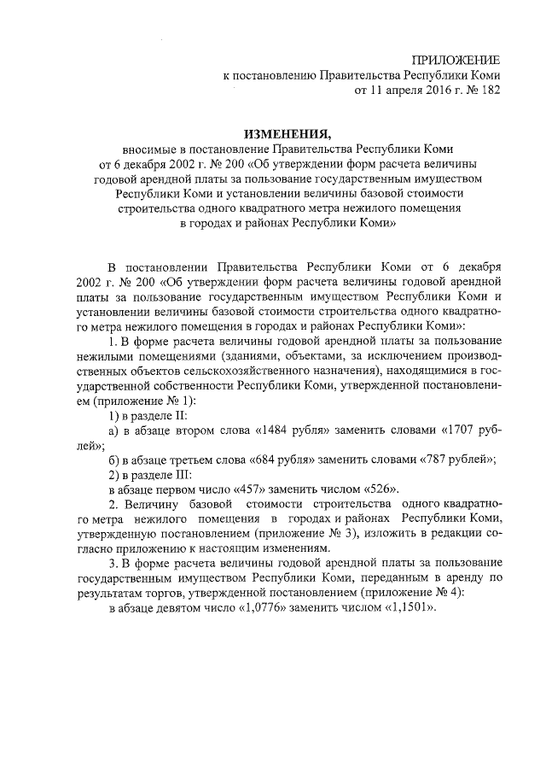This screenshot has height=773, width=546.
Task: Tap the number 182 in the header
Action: [485, 88]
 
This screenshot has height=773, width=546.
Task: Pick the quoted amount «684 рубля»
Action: [284, 460]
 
